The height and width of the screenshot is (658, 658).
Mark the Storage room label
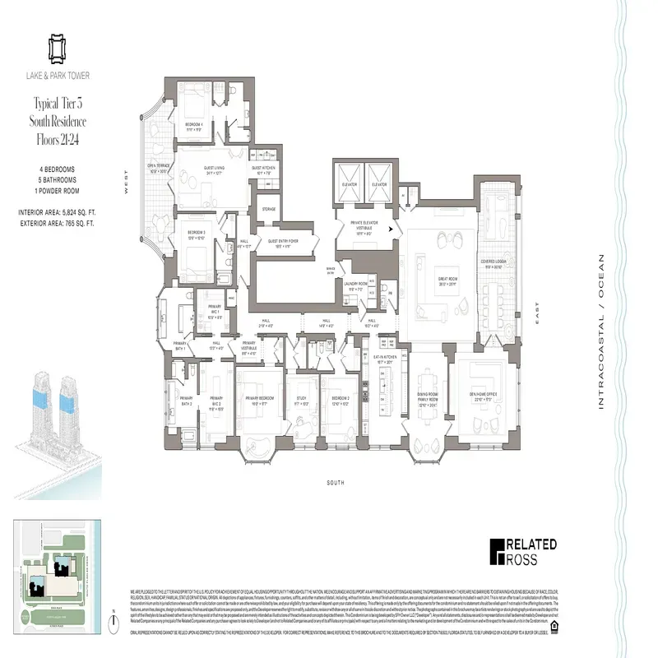tap(268, 209)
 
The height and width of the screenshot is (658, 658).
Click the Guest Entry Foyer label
tap(283, 243)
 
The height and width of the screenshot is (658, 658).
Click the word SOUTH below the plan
tap(334, 483)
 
